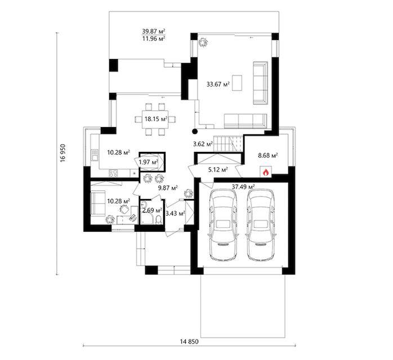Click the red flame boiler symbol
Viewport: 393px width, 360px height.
pos(266,172)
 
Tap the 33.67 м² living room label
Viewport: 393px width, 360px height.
pos(218,84)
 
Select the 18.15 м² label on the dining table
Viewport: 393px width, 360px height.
pos(156,119)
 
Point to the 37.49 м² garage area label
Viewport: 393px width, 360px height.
pos(243,187)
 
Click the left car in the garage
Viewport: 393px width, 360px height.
pos(223,225)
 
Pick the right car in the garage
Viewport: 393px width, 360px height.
pos(261,225)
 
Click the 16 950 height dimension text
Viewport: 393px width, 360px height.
pos(62,152)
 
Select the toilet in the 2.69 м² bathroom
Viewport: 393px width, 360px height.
pos(159,219)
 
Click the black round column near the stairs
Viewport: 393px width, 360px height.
pos(195,131)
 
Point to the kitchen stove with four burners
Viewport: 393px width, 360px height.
pos(113,173)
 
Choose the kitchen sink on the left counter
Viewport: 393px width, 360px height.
pos(95,155)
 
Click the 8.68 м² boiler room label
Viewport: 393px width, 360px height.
pos(268,155)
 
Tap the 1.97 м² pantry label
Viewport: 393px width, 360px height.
pos(149,162)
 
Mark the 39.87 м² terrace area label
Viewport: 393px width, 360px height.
pos(153,31)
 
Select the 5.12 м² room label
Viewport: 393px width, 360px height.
pos(218,170)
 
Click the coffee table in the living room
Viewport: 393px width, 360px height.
pos(237,83)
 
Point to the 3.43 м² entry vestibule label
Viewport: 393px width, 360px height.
pos(176,213)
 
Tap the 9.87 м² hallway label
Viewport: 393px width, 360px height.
pos(168,187)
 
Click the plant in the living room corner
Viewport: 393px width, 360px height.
pos(203,43)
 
